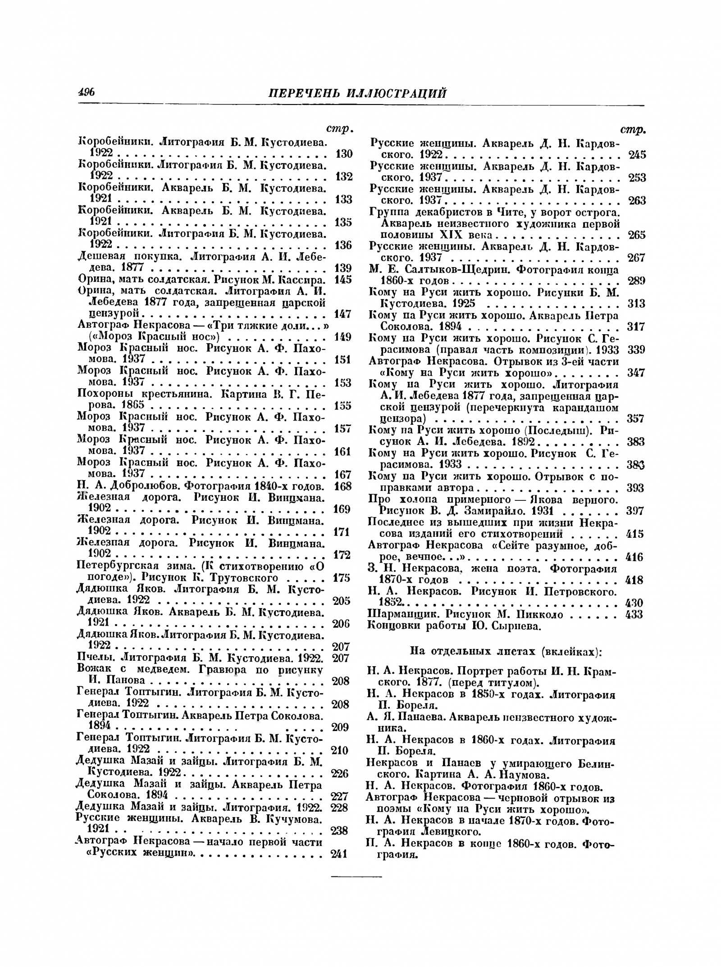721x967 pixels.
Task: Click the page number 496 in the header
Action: (x=86, y=92)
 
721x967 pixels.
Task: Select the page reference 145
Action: (x=343, y=280)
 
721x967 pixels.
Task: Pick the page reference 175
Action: (x=341, y=578)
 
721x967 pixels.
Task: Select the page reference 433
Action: (x=635, y=614)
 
